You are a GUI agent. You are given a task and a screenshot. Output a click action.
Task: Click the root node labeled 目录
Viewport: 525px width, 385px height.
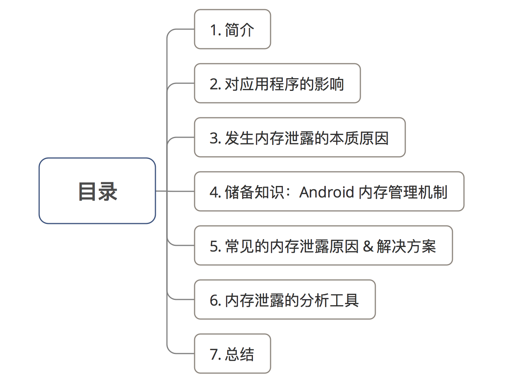coord(97,191)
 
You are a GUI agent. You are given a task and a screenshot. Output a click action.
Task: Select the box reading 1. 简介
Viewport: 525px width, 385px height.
coord(233,30)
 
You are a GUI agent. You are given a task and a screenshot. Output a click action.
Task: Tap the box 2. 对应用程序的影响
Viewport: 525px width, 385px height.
coord(277,84)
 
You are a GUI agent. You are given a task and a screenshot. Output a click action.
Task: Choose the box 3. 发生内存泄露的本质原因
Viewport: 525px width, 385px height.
coord(300,138)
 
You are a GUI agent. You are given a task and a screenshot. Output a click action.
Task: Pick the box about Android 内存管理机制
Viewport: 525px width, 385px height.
coord(329,192)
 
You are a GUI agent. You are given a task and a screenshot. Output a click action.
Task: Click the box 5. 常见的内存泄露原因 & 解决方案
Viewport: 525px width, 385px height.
coord(323,246)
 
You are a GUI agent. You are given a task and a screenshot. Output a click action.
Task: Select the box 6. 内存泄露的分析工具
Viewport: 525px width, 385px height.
coord(284,300)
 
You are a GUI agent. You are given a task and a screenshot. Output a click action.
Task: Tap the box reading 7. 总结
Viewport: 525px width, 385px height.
coord(233,354)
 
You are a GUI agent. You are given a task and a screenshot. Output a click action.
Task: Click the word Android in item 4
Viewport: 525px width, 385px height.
coord(327,192)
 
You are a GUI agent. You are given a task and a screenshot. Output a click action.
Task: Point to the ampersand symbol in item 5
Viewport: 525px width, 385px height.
coord(368,246)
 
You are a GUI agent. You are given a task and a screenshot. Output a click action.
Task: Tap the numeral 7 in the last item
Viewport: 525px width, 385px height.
coord(213,354)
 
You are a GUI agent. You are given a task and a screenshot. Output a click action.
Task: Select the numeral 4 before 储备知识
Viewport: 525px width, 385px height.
coord(213,192)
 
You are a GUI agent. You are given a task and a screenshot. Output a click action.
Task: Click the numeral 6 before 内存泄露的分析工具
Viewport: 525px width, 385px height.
coord(213,300)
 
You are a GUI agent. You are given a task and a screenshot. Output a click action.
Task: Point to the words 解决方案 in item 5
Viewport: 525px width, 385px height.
coord(406,246)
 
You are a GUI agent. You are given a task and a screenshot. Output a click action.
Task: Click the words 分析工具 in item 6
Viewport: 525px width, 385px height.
coord(329,300)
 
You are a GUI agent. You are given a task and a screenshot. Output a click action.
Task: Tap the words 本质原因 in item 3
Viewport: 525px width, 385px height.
coord(359,138)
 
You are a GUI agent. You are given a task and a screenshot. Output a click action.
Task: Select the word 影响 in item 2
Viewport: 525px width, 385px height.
coord(329,84)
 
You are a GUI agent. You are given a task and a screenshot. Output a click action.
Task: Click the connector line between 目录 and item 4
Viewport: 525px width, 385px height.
coord(175,191)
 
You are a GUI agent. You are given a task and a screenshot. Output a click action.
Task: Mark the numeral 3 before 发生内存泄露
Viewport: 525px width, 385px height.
coord(213,138)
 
